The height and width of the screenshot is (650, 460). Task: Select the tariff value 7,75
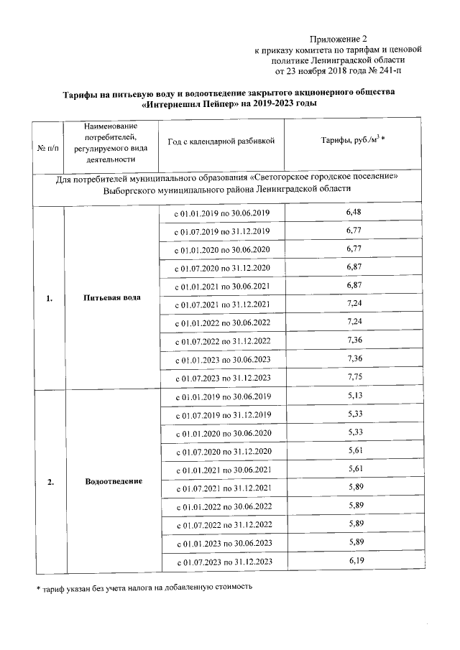tap(353, 376)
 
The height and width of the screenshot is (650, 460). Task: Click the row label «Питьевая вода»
tap(111, 297)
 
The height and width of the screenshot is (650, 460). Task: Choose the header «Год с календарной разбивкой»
tap(221, 142)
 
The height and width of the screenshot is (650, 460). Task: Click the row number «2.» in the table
tap(50, 481)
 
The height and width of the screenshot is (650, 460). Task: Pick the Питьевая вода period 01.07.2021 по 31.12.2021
tap(223, 305)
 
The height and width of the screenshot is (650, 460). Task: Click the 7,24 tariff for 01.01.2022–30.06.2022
tap(353, 321)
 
